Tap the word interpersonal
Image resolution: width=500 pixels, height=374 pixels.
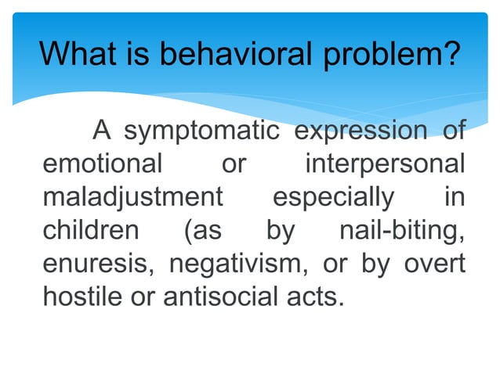384,167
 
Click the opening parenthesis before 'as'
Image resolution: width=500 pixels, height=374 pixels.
187,232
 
